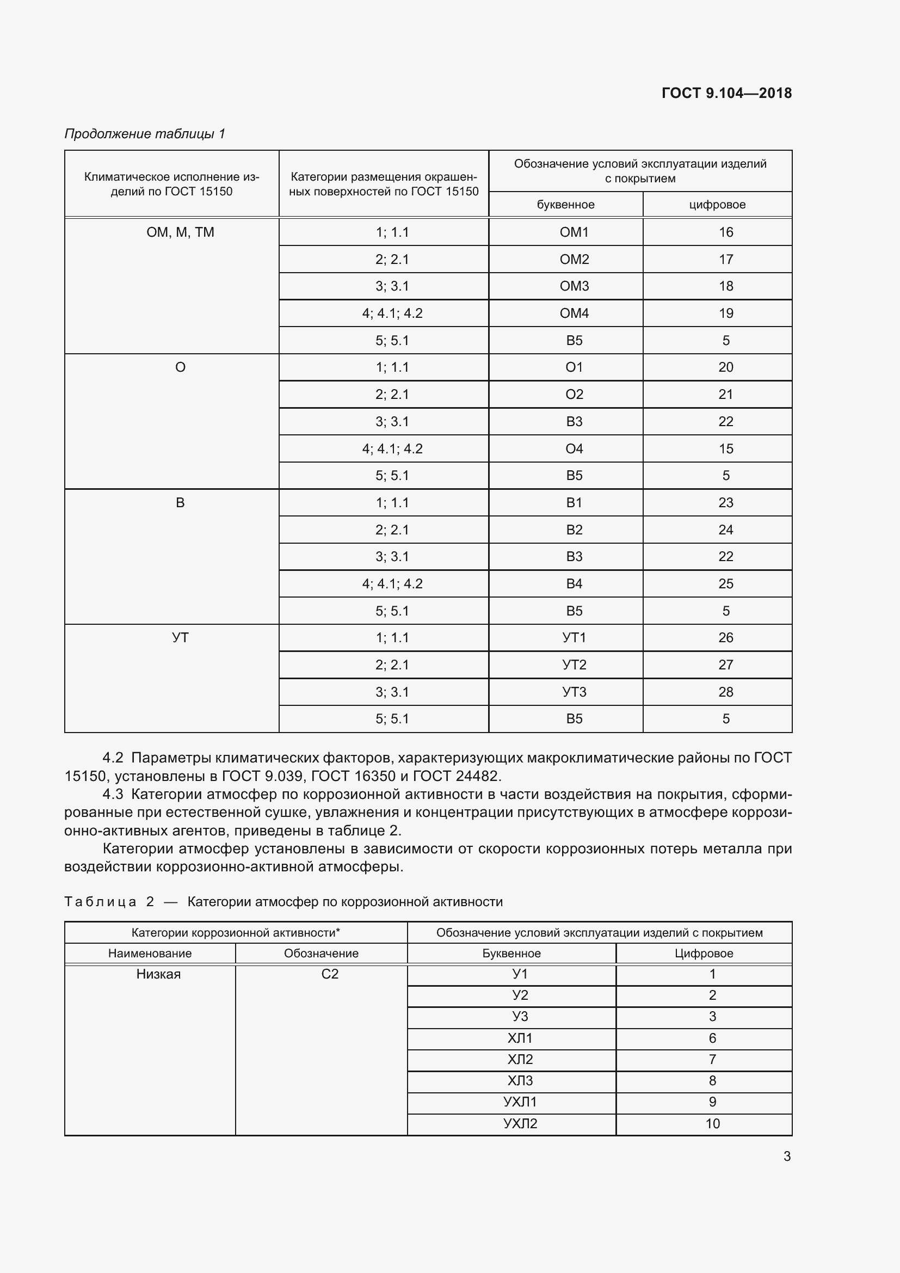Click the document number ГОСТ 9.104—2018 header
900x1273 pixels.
pyautogui.click(x=726, y=93)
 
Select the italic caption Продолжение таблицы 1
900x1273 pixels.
pyautogui.click(x=145, y=134)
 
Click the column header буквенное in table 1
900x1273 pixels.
pyautogui.click(x=565, y=205)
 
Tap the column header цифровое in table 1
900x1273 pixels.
pyautogui.click(x=717, y=205)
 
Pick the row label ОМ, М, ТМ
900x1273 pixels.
pyautogui.click(x=180, y=232)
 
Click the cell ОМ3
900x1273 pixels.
pyautogui.click(x=574, y=286)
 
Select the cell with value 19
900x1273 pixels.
pyautogui.click(x=725, y=313)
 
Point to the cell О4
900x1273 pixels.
pyautogui.click(x=574, y=448)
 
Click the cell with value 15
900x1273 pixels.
pyautogui.click(x=725, y=448)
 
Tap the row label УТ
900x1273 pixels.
pyautogui.click(x=180, y=638)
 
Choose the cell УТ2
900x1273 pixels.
pyautogui.click(x=574, y=665)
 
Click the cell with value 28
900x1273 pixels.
pyautogui.click(x=725, y=692)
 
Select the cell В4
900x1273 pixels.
pyautogui.click(x=574, y=584)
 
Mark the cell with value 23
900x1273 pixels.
pyautogui.click(x=725, y=503)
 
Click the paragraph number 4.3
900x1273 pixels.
pyautogui.click(x=113, y=795)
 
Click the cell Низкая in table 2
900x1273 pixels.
pyautogui.click(x=158, y=974)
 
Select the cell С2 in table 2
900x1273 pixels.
pyautogui.click(x=330, y=974)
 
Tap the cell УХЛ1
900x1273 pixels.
pyautogui.click(x=520, y=1102)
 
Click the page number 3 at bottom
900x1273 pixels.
pyautogui.click(x=786, y=1157)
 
